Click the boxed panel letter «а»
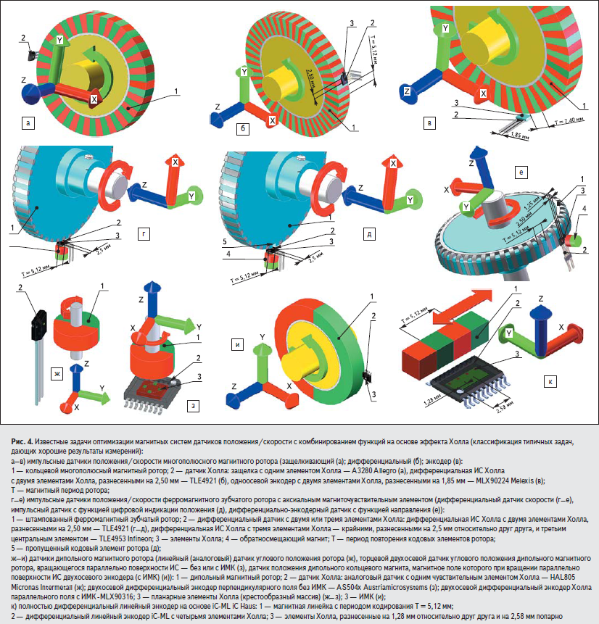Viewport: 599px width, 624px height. pyautogui.click(x=28, y=123)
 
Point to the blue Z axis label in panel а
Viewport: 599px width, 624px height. pyautogui.click(x=25, y=80)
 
